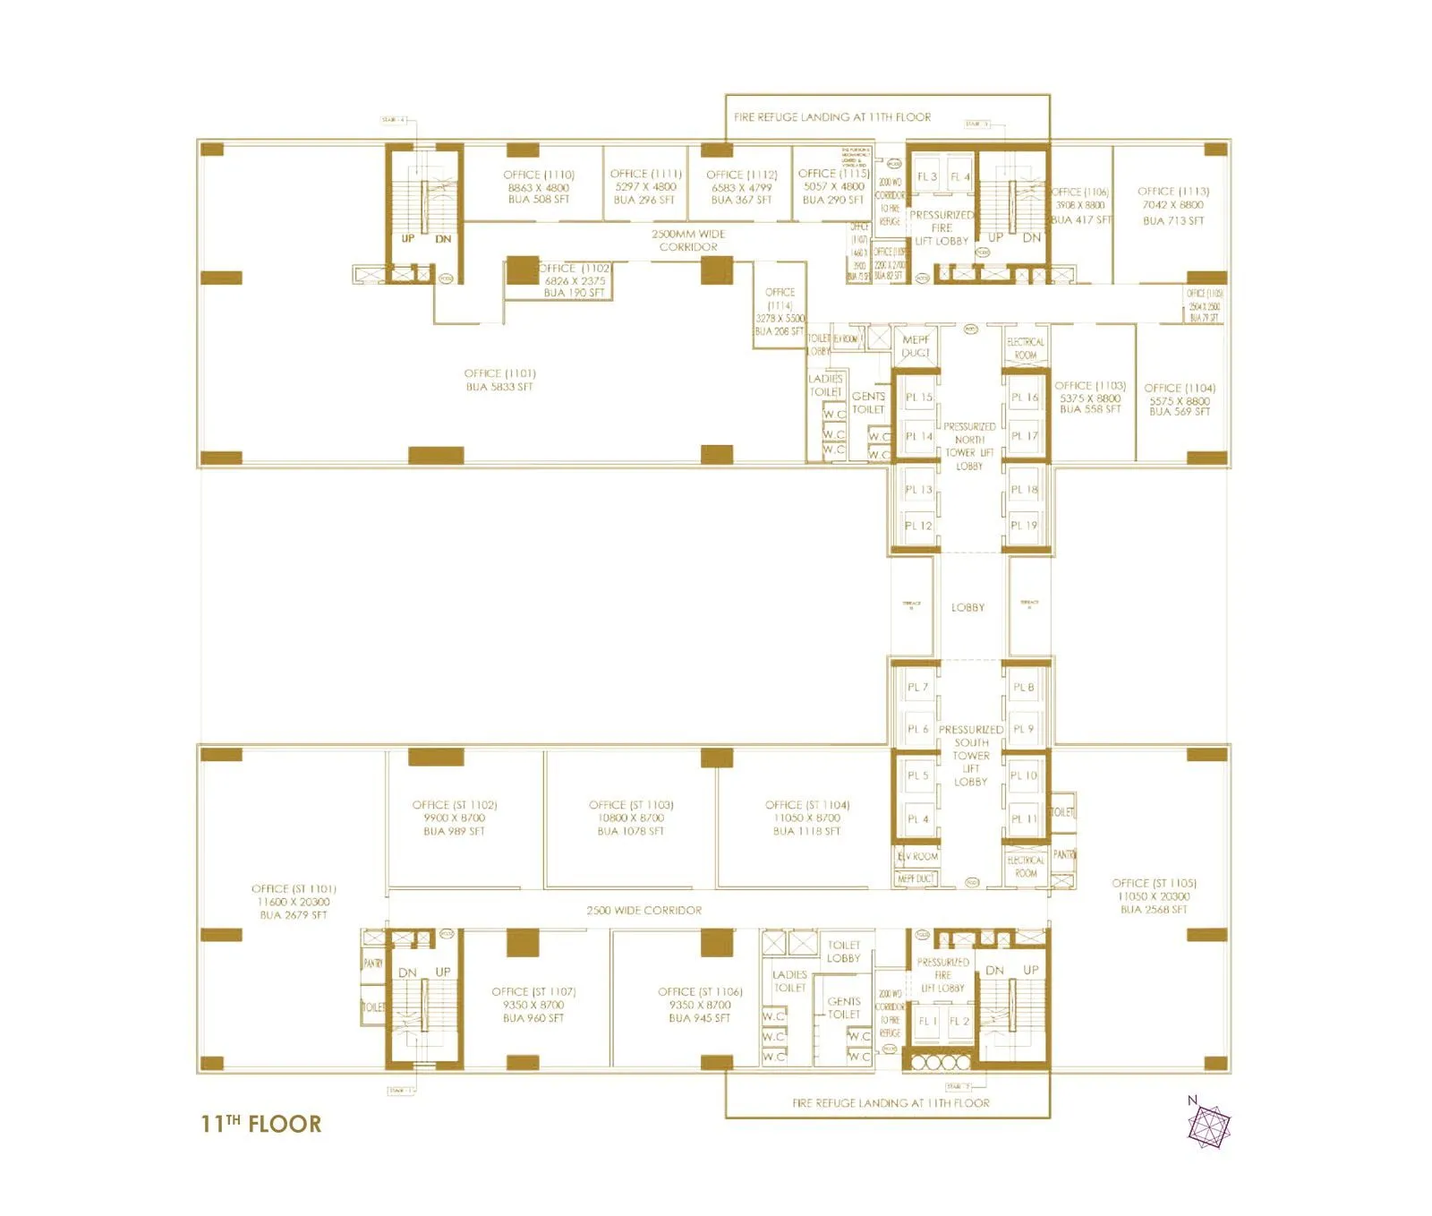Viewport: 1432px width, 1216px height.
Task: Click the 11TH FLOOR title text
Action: (260, 1124)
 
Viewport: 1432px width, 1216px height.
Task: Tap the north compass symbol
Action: (1209, 1125)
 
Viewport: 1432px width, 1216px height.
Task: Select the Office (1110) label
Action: (539, 187)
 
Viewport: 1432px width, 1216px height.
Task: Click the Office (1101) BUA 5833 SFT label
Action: (499, 380)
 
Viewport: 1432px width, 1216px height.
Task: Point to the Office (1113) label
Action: (1173, 205)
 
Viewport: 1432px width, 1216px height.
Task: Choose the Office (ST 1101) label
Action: (294, 902)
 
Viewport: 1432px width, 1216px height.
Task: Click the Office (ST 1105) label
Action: (1154, 895)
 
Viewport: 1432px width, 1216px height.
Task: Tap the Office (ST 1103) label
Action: (631, 818)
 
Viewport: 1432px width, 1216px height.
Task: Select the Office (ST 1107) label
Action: (533, 1005)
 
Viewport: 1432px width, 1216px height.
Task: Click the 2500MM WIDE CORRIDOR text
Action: (688, 240)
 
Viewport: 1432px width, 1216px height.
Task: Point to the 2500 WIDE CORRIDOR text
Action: (644, 910)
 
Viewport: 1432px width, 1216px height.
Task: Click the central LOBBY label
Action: (967, 607)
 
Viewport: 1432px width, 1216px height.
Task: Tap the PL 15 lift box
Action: (918, 397)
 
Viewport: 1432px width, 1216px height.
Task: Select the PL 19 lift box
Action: (1024, 526)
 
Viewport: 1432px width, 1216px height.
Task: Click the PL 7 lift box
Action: (917, 687)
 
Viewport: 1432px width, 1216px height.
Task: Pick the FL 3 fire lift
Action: (927, 176)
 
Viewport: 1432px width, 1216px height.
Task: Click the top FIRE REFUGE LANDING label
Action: (832, 117)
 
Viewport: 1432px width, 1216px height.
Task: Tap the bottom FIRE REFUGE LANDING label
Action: (891, 1103)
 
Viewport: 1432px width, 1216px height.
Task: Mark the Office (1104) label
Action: (1180, 399)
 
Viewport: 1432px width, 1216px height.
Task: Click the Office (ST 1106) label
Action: (700, 1005)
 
